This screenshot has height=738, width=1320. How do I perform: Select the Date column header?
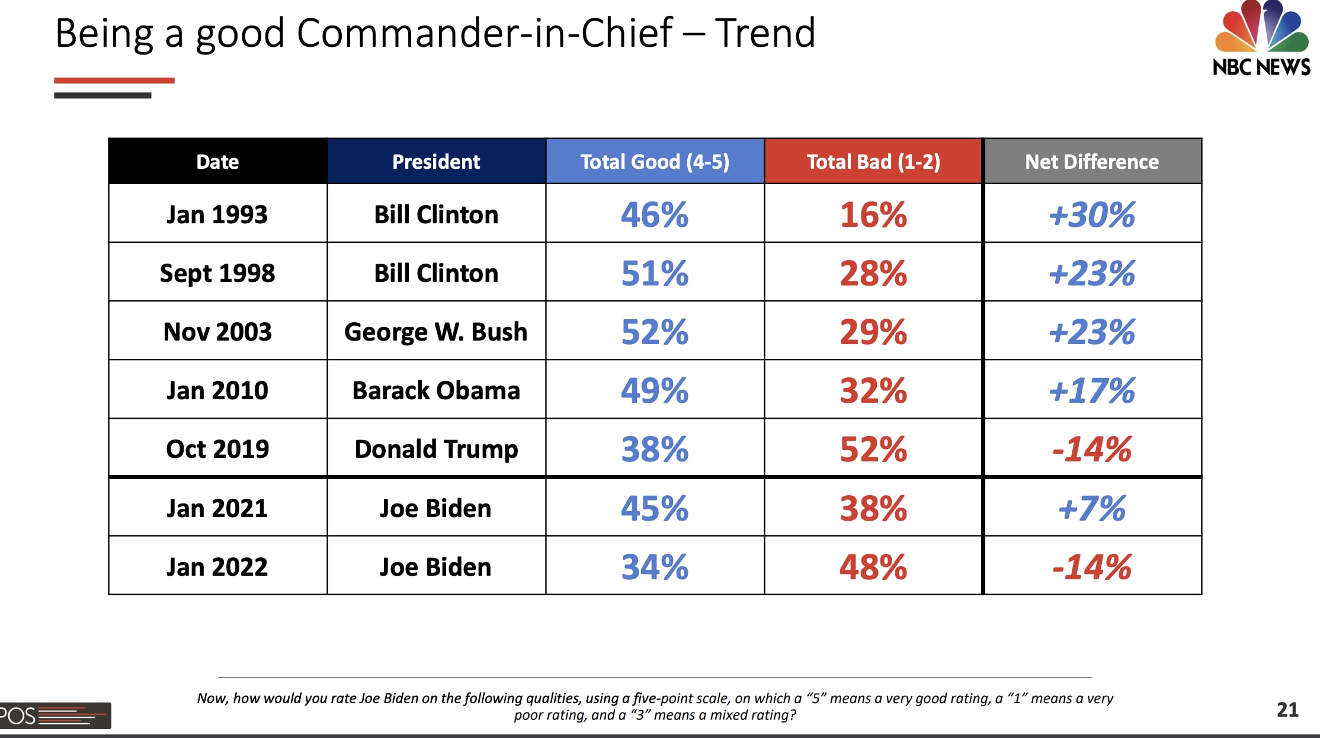pos(217,162)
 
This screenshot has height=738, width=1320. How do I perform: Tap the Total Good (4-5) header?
pos(655,162)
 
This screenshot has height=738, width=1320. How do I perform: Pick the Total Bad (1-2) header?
pos(873,162)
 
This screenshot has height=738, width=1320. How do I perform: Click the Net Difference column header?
pos(1092,162)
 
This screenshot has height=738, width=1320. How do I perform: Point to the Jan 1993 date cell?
pos(217,214)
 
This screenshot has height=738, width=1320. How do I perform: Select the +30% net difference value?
pos(1092,214)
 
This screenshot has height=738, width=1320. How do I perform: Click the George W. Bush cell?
pos(436,332)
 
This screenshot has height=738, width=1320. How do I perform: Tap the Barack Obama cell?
pos(436,390)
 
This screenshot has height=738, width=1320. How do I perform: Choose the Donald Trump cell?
pos(436,449)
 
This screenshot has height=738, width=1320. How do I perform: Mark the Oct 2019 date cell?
pos(217,449)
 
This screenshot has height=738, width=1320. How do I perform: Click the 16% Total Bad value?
pos(873,214)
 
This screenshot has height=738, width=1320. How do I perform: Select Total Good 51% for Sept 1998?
pos(655,273)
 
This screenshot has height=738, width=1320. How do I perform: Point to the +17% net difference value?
pos(1092,390)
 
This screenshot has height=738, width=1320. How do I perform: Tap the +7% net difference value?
pos(1092,508)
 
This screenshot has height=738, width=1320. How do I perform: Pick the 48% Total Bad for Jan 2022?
pos(873,567)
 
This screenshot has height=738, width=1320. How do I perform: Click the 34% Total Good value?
pos(655,567)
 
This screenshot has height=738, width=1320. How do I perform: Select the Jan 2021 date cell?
pos(217,508)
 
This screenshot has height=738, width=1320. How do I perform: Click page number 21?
pos(1287,710)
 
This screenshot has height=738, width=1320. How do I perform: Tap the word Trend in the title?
pos(765,33)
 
